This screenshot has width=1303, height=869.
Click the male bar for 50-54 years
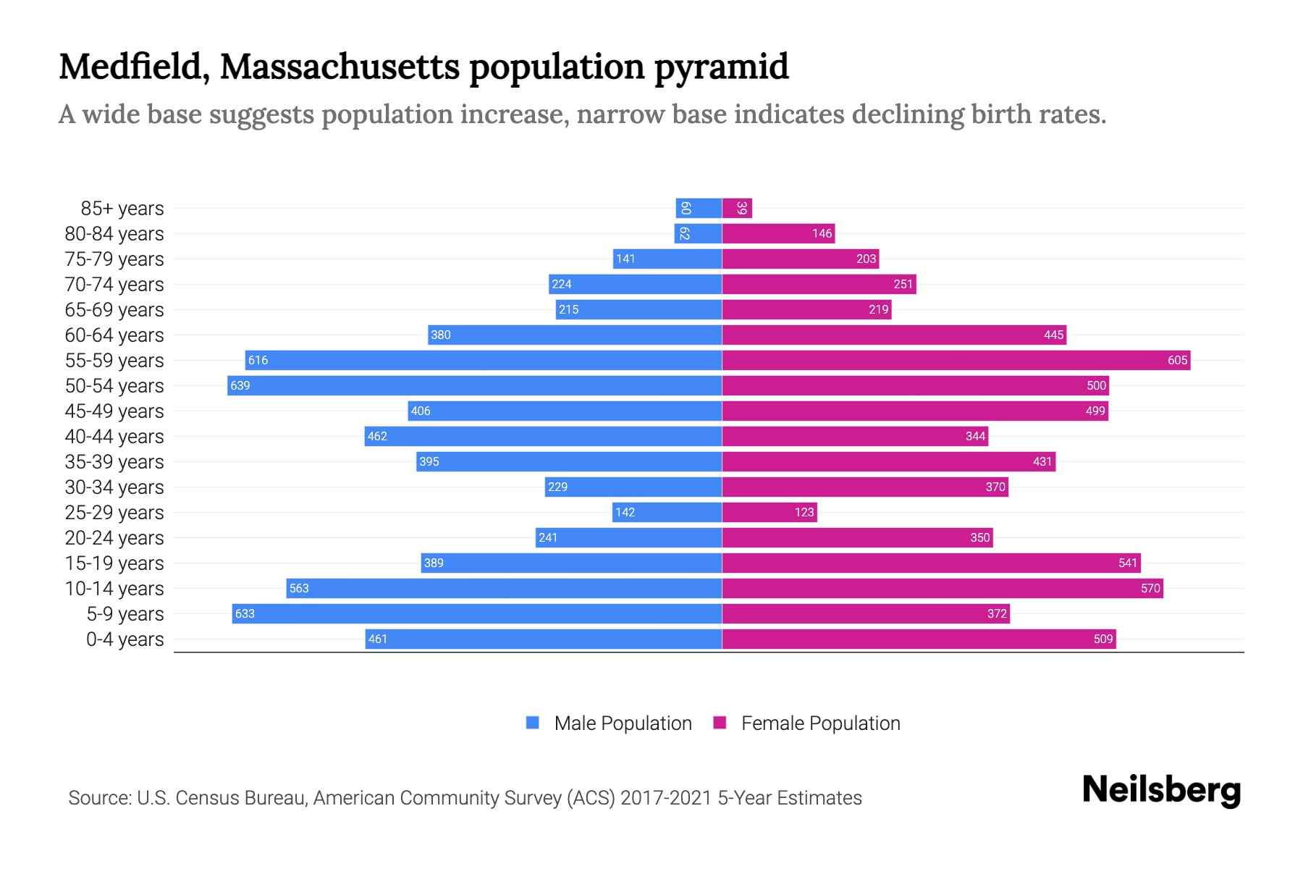coord(474,385)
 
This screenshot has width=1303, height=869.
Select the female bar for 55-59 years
coord(956,360)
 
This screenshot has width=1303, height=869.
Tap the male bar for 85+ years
coord(699,208)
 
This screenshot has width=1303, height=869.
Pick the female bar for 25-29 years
coord(769,512)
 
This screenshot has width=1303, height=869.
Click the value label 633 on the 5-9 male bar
coord(245,613)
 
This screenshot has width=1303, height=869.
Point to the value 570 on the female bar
coord(1150,588)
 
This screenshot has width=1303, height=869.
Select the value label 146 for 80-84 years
coord(822,233)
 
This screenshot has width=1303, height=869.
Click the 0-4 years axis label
coord(125,639)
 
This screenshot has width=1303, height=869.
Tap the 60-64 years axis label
coord(114,335)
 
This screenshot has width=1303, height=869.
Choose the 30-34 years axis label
coord(114,487)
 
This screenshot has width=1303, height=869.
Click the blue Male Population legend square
coord(533,723)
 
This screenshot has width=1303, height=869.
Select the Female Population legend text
coord(820,723)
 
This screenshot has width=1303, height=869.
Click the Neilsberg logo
coord(1161,789)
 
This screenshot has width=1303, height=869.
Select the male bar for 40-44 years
coord(543,436)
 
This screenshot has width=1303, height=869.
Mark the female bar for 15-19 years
coord(931,563)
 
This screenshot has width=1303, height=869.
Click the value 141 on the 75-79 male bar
coord(625,259)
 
